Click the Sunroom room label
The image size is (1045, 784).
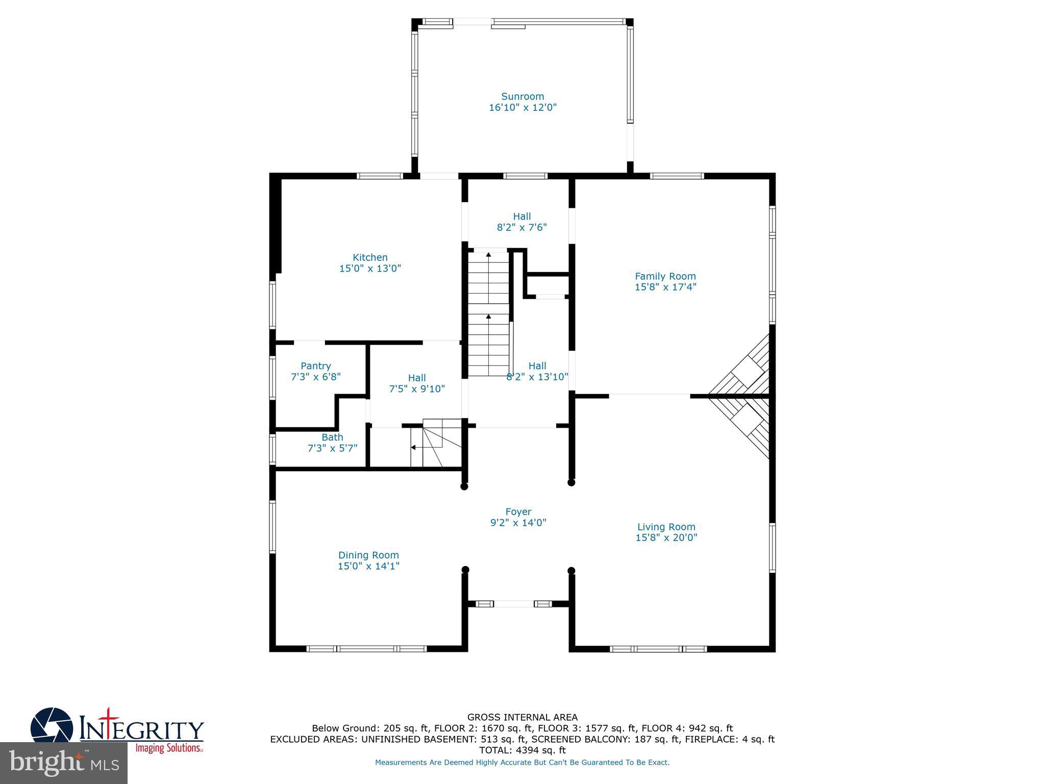point(522,96)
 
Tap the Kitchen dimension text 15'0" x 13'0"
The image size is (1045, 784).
point(370,268)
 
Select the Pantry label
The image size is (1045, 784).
point(316,366)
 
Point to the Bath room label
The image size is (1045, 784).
point(332,437)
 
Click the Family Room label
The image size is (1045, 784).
point(665,276)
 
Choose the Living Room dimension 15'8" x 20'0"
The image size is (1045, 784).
point(666,537)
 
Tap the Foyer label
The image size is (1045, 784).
point(518,511)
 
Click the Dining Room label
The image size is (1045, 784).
point(368,555)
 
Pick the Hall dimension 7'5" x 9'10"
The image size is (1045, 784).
point(417,389)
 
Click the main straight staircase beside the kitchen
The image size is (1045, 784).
point(489,314)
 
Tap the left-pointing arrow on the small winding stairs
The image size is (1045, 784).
point(413,448)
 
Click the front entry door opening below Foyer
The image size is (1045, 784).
point(514,604)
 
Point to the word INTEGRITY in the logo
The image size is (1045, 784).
point(142,730)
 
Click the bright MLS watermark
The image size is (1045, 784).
point(64,763)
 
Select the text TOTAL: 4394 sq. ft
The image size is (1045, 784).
point(522,750)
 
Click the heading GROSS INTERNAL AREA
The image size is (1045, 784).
point(522,717)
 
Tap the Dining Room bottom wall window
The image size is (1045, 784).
point(366,649)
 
